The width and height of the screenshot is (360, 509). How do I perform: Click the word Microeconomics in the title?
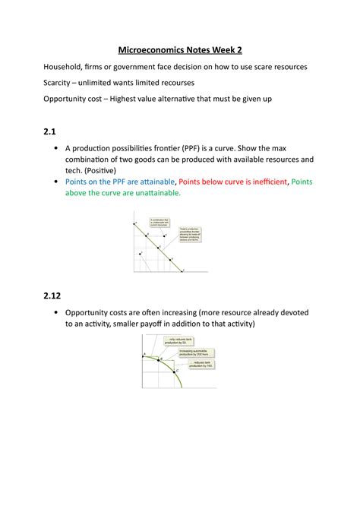tap(152, 51)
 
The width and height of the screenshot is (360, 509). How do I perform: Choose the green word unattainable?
tap(157, 194)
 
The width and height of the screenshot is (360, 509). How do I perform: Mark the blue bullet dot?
tap(56, 182)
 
